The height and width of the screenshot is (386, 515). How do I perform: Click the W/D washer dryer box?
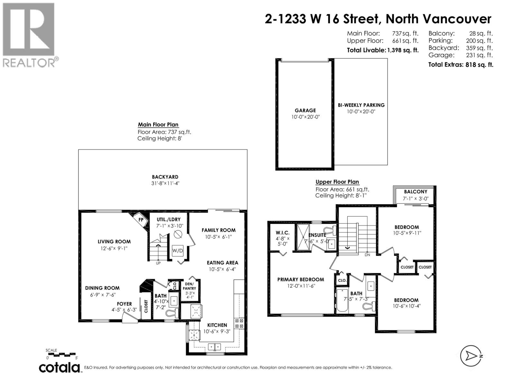[x=177, y=250]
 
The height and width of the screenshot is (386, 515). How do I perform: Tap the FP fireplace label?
[x=141, y=220]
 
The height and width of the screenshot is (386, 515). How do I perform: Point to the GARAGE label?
[x=305, y=110]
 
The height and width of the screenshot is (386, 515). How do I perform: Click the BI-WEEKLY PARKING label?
[x=361, y=105]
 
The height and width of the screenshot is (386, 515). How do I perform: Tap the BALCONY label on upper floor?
[x=415, y=191]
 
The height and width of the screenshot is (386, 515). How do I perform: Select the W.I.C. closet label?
[x=282, y=233]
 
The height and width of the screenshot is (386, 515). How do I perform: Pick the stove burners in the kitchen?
[x=239, y=323]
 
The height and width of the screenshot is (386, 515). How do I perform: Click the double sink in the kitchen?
[x=214, y=347]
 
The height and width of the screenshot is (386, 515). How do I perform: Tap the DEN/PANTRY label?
[x=189, y=286]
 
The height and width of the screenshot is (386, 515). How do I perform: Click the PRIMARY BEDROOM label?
[x=300, y=280]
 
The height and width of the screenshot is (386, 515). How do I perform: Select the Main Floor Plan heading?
[x=158, y=124]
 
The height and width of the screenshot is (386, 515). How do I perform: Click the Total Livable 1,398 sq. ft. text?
[x=382, y=50]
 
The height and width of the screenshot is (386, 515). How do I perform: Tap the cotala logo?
[x=60, y=367]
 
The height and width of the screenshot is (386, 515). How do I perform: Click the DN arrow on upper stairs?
[x=348, y=248]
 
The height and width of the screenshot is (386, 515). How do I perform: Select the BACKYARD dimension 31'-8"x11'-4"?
[x=165, y=183]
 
